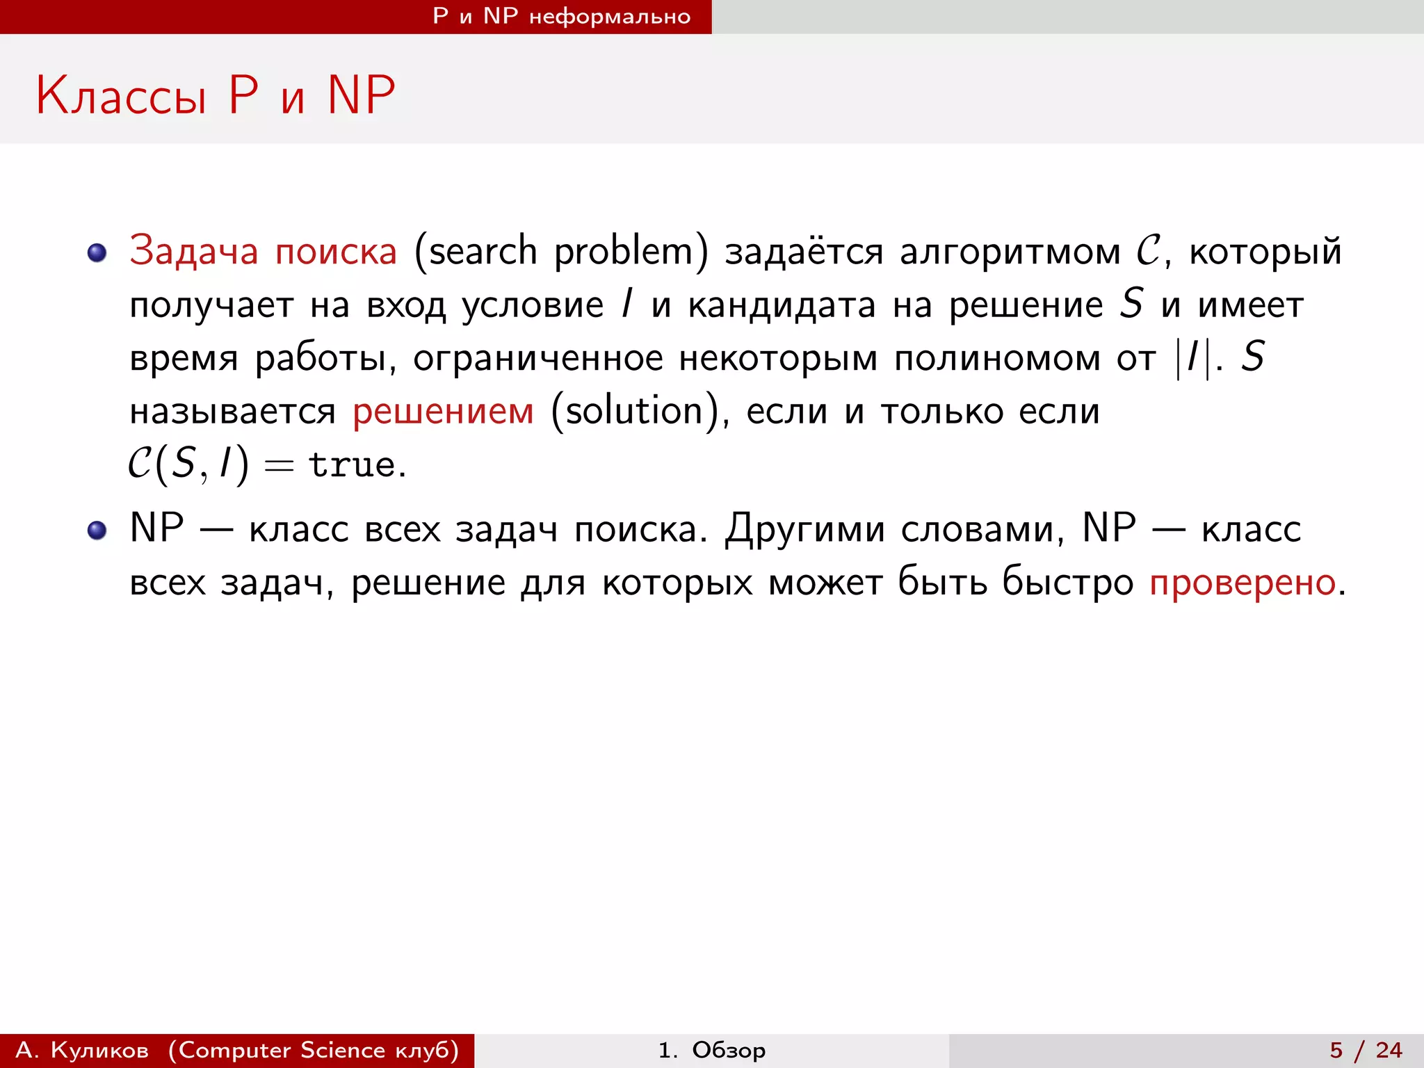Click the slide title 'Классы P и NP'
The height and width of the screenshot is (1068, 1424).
[x=216, y=95]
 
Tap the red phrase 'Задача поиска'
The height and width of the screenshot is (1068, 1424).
[x=263, y=251]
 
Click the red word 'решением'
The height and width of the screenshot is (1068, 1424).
[x=443, y=411]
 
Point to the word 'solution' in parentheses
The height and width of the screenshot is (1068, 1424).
[x=633, y=411]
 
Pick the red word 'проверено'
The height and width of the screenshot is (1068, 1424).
[x=1242, y=583]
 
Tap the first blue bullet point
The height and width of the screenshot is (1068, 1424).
[x=97, y=252]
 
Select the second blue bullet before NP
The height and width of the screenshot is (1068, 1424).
[x=97, y=531]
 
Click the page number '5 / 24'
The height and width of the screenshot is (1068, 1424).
[x=1366, y=1050]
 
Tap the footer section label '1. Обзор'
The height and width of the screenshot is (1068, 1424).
[x=711, y=1050]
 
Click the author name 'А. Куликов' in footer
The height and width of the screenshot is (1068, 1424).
[x=82, y=1050]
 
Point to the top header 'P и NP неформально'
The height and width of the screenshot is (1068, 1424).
[x=562, y=16]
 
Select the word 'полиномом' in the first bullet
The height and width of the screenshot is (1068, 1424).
[x=997, y=359]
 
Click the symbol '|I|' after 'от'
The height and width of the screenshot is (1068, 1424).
[x=1192, y=359]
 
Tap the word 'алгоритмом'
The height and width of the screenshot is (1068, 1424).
[x=1010, y=251]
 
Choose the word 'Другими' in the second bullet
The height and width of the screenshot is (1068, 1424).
[x=805, y=530]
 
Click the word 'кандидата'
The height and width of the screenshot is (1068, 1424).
[x=782, y=305]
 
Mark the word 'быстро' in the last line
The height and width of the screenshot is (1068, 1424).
[x=1067, y=583]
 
